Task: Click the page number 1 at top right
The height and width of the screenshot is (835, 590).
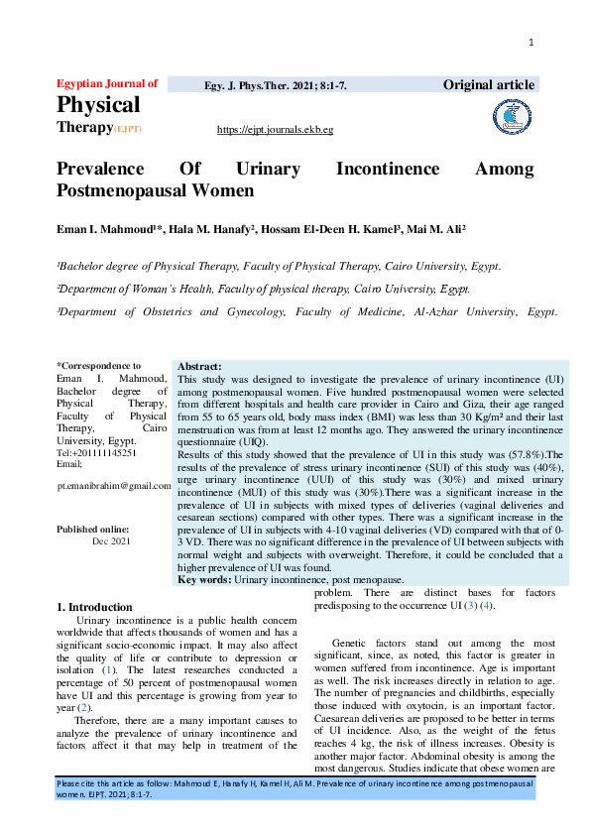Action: click(531, 42)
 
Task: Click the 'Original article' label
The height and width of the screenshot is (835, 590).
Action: click(490, 85)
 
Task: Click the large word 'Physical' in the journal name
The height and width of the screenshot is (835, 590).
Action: click(98, 104)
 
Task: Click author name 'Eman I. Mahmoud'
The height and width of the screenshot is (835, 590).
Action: click(99, 230)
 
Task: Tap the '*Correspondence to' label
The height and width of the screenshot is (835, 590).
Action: click(98, 366)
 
